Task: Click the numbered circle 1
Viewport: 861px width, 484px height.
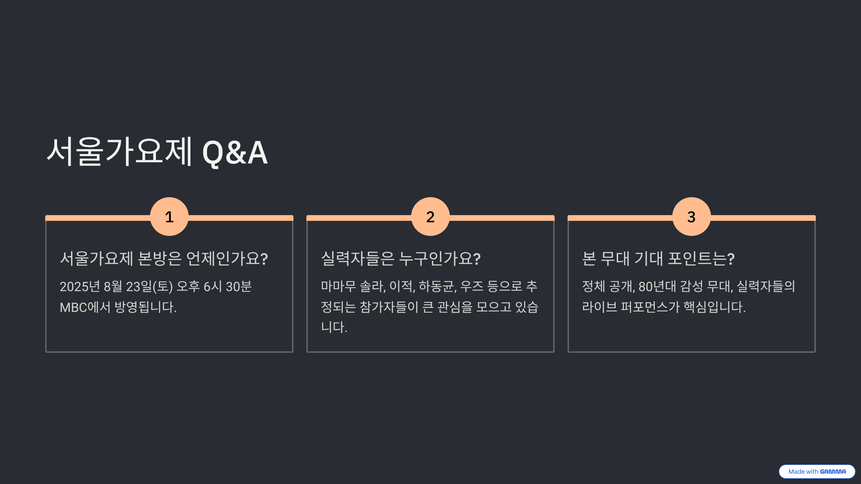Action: [x=169, y=217]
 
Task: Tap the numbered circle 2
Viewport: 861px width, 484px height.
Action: [x=430, y=217]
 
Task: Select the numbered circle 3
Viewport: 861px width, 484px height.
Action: [x=691, y=217]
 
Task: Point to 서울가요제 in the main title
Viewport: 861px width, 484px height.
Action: [x=120, y=152]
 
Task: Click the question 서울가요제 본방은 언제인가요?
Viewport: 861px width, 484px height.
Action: [x=164, y=258]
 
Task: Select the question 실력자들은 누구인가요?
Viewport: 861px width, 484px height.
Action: [x=401, y=258]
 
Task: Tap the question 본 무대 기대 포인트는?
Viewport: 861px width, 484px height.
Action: [x=658, y=258]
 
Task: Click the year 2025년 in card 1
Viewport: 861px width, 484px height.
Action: [x=80, y=286]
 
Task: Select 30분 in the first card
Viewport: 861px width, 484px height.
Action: [x=239, y=286]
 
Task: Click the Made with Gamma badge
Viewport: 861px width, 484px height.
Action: [x=817, y=471]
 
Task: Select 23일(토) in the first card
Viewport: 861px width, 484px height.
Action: [x=149, y=286]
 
